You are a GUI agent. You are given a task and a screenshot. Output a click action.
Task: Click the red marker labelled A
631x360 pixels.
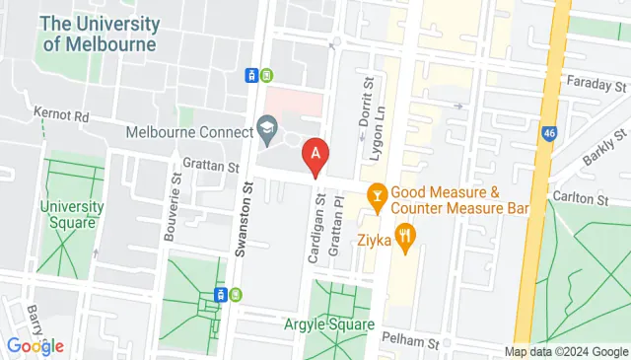point(315,155)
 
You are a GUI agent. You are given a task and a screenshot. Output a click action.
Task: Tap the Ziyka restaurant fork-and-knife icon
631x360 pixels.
point(405,238)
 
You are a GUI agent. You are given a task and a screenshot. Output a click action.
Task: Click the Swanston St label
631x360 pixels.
point(239,226)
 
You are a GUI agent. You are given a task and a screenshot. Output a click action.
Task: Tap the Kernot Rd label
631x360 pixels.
point(61,116)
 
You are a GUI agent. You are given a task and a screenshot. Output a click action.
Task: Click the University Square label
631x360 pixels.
point(71,214)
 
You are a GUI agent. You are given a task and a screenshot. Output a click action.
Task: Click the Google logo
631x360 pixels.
point(35,345)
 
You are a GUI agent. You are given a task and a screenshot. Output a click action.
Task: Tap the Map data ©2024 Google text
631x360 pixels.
point(565,352)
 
